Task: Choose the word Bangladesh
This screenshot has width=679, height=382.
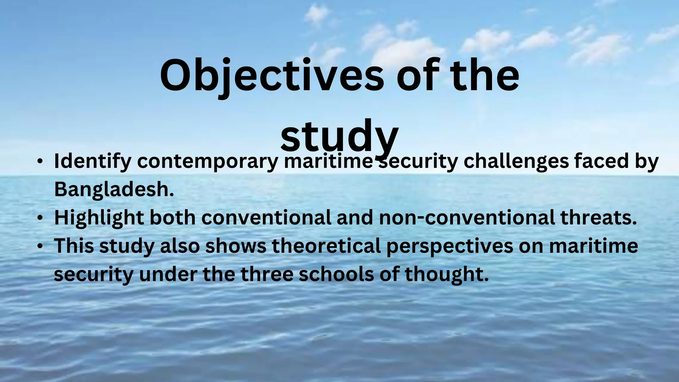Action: click(114, 190)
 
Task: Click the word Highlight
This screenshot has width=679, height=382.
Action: click(99, 218)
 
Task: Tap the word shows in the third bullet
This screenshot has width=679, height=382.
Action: click(236, 246)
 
